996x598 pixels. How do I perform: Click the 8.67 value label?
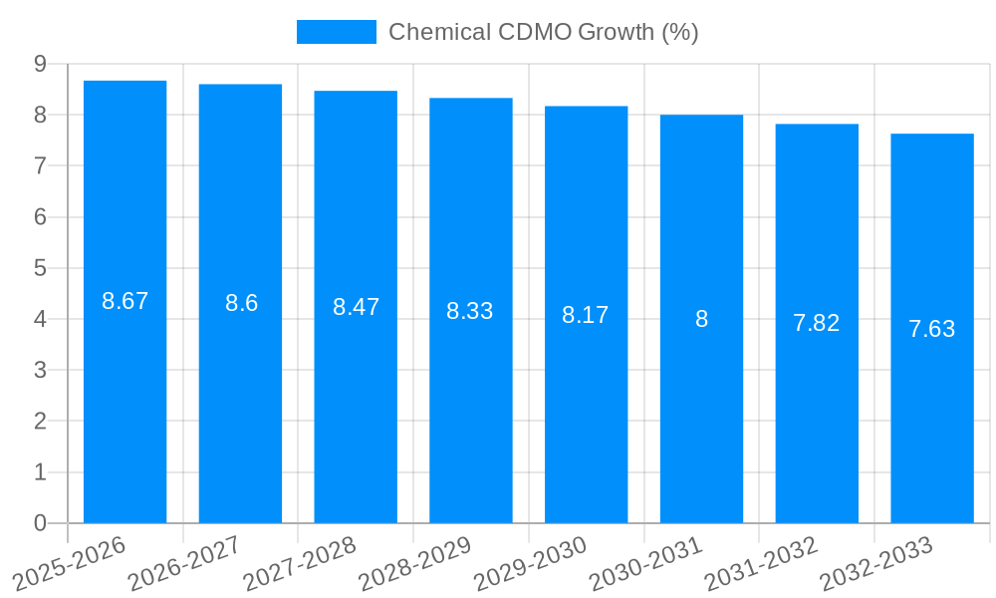pos(124,301)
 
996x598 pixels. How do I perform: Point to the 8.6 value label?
pos(241,303)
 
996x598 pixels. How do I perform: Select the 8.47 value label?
pos(356,307)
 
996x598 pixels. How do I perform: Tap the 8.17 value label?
pos(586,315)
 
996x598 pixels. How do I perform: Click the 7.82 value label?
pos(816,323)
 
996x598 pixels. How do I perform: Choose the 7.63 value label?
pos(931,329)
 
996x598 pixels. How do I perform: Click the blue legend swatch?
pos(337,32)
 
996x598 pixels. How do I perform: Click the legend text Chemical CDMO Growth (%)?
pos(543,32)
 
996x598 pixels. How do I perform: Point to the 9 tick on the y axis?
pos(40,64)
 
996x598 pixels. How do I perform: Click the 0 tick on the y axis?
pos(40,523)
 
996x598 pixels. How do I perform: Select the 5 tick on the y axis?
pos(40,268)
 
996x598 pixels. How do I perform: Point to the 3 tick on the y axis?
pos(40,370)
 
